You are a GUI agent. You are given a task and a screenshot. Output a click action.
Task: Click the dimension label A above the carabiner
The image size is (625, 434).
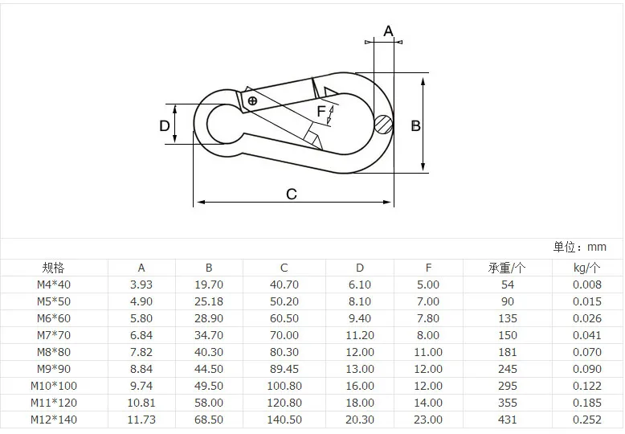pos(388,31)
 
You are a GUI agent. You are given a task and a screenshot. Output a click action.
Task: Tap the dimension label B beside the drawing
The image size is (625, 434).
pos(416,126)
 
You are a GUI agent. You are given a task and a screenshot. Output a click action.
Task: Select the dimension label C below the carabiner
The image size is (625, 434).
pos(292,194)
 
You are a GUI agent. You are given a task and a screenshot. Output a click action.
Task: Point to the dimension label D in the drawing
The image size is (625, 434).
pos(164,126)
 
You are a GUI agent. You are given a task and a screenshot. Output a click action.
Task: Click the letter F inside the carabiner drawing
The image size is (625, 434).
pos(321,111)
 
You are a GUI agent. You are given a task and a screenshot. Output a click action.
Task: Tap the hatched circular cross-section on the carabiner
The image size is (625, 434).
pos(384,125)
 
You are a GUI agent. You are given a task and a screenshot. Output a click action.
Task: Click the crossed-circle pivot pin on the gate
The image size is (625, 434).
pos(252,100)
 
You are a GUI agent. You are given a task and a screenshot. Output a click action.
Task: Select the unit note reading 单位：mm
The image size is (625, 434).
pos(579,247)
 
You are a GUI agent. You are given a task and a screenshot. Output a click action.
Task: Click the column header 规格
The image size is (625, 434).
pos(53,268)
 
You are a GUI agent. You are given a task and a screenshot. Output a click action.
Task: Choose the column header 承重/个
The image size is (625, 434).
pos(507,268)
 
